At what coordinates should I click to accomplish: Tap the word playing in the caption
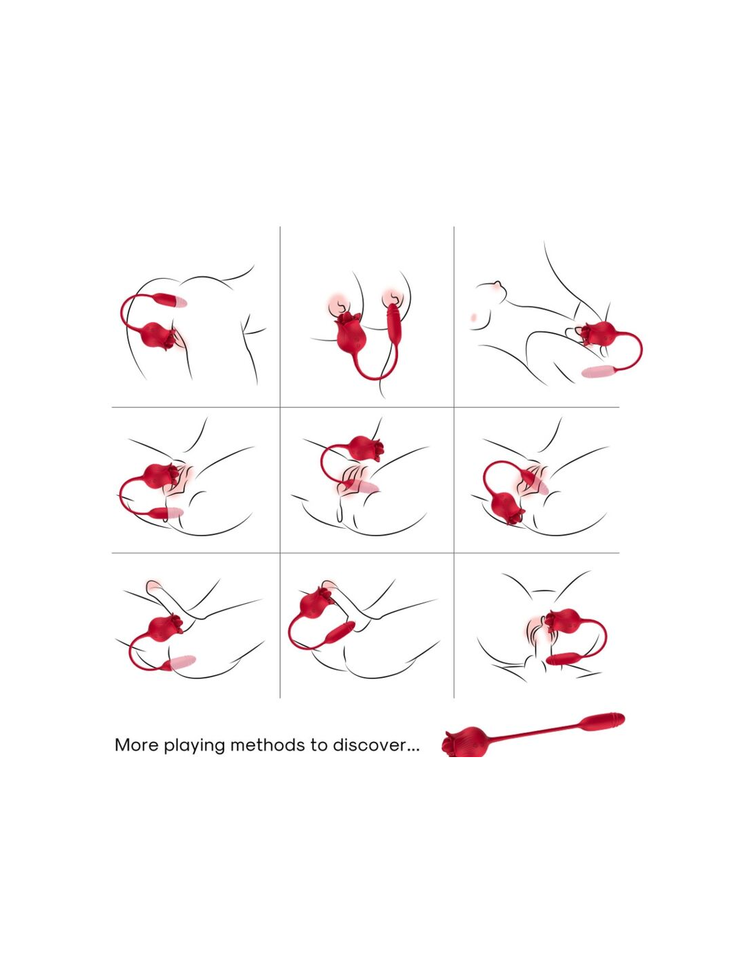pyautogui.click(x=194, y=746)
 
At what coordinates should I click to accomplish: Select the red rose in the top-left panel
pyautogui.click(x=158, y=336)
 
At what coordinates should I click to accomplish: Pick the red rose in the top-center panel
pyautogui.click(x=351, y=333)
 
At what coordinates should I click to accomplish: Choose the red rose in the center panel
pyautogui.click(x=366, y=448)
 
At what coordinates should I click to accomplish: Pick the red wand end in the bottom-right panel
pyautogui.click(x=563, y=659)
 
